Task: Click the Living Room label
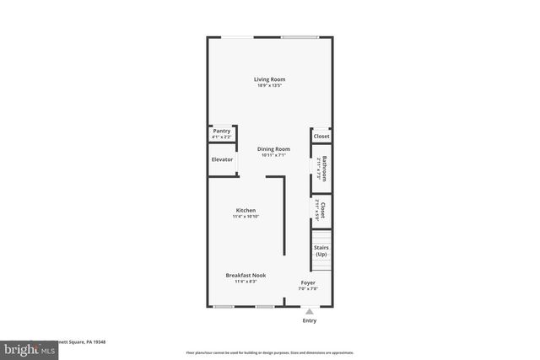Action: (x=269, y=80)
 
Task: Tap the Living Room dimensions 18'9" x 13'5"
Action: (x=269, y=86)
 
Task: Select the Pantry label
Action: (x=221, y=131)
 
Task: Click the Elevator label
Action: (x=222, y=159)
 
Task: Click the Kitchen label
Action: (x=246, y=210)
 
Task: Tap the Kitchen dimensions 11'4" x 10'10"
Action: (x=246, y=217)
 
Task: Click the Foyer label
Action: (x=308, y=282)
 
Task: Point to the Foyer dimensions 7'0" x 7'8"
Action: (x=308, y=289)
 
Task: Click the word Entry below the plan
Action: (x=310, y=321)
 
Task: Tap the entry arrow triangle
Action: (x=310, y=312)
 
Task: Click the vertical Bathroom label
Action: (x=324, y=169)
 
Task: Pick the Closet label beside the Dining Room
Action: (x=321, y=137)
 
